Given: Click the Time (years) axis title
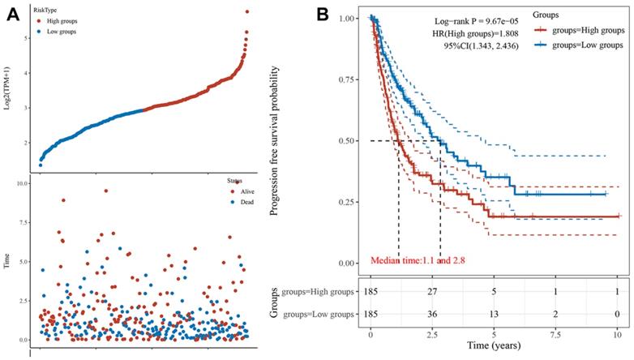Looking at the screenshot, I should click(493, 347).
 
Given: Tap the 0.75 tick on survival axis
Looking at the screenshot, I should click(345, 79).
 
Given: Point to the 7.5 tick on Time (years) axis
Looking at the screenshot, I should click(555, 333).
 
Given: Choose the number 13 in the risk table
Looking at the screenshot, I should click(494, 311).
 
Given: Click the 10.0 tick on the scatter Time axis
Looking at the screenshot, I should click(23, 183).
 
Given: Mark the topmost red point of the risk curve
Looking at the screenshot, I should click(246, 12).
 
